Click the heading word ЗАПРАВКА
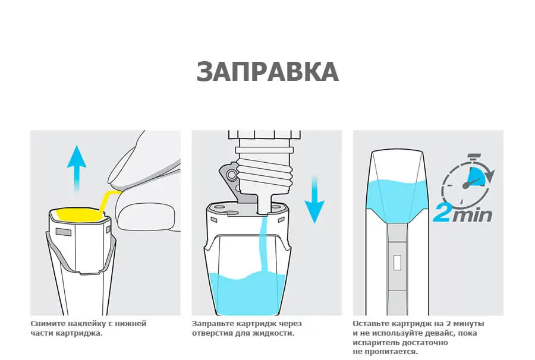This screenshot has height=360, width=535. [267, 71]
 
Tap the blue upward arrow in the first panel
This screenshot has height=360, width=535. [77, 168]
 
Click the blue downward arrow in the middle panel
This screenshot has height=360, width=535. [314, 200]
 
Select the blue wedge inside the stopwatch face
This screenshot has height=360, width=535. [477, 176]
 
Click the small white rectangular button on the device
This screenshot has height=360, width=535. [397, 263]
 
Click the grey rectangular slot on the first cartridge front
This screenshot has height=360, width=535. [63, 232]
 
